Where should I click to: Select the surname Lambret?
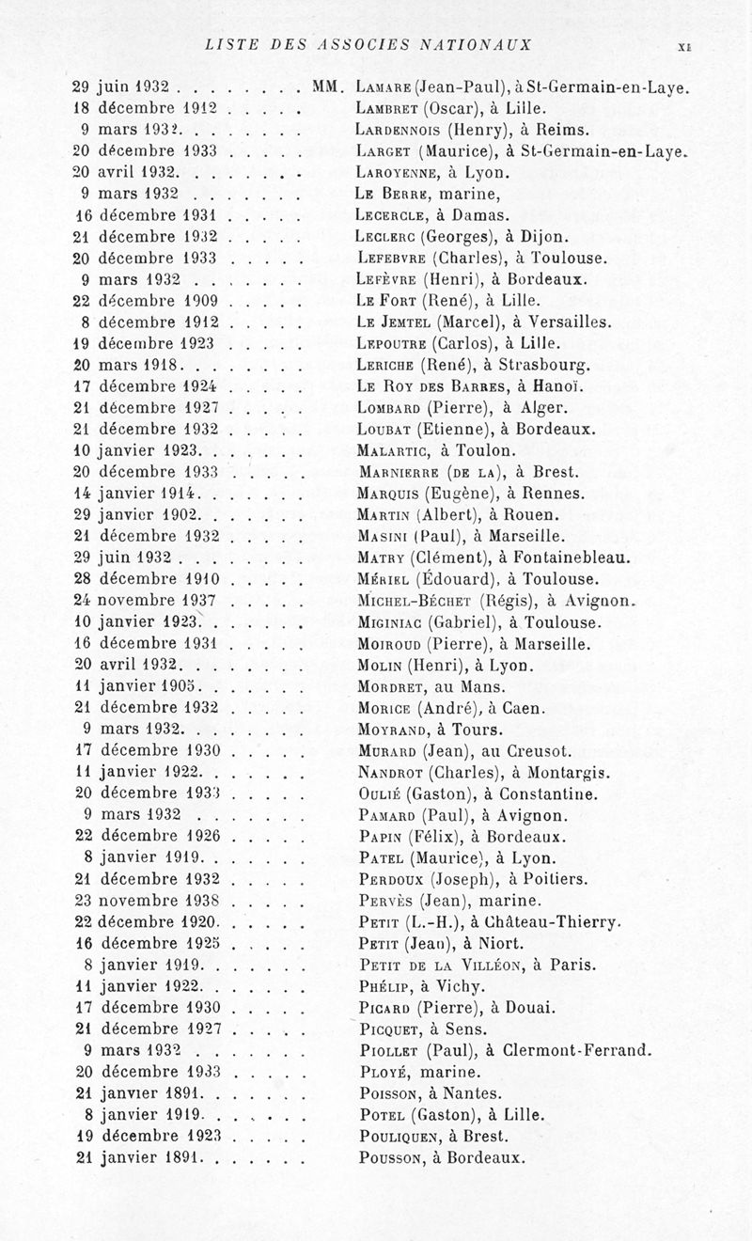pyautogui.click(x=389, y=109)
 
